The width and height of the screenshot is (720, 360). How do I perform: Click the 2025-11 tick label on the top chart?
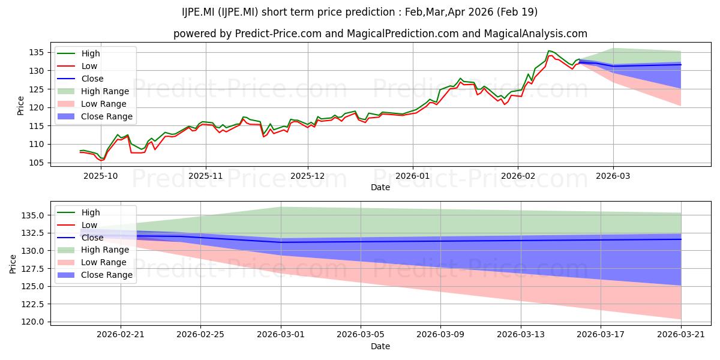pos(205,176)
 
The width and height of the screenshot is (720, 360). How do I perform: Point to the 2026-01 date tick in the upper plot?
pos(413,176)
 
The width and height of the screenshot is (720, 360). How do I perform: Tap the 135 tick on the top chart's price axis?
pos(36,52)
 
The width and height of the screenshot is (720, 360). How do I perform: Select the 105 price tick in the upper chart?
pos(36,163)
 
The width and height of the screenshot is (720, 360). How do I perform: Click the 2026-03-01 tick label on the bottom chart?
pos(281,335)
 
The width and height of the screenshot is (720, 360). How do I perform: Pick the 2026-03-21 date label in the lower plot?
pos(681,335)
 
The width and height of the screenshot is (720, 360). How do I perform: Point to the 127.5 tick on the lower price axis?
pos(33,269)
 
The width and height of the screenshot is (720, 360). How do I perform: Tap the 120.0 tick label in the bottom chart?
pos(33,322)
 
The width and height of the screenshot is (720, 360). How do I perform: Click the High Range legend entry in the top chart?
pos(93,91)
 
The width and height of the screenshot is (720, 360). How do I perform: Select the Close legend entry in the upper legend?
pos(80,79)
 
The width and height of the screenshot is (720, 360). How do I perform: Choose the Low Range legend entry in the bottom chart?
pos(92,262)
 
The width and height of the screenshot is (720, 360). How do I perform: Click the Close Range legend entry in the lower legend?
pos(95,275)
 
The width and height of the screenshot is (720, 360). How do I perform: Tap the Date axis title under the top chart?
pos(380,187)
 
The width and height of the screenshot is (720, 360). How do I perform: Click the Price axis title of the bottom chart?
pos(13,264)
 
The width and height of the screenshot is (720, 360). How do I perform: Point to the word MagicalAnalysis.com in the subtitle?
pos(535,34)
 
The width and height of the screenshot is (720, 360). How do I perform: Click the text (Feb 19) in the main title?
pos(517,12)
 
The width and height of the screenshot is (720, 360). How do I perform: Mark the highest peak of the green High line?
pos(548,50)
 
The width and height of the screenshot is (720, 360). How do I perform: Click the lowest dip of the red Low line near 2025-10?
pos(101,160)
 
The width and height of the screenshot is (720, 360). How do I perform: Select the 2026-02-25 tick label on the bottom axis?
pos(200,335)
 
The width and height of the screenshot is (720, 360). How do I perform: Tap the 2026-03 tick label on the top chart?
pos(613,176)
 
